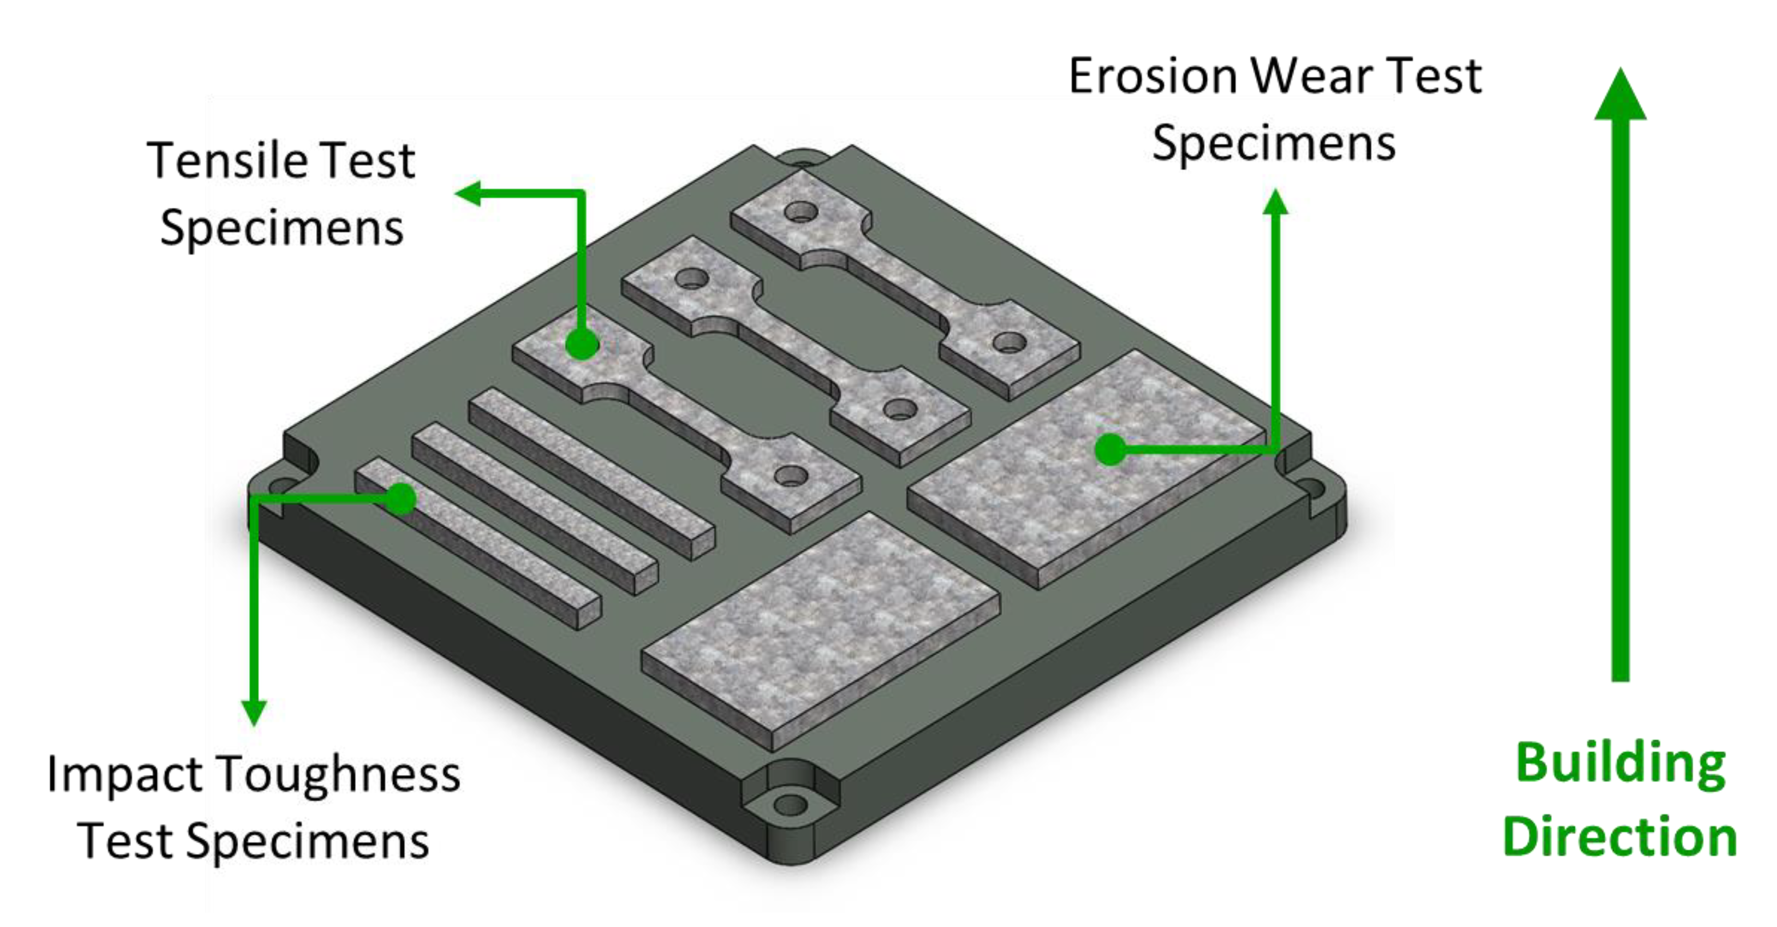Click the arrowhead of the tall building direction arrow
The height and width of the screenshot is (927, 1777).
coord(1620,96)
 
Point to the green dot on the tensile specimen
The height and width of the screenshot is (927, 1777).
coord(581,343)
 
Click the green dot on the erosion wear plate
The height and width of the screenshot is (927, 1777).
coord(1110,450)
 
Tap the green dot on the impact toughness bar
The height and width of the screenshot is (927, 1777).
coord(401,498)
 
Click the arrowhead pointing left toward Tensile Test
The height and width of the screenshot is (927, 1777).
coord(469,193)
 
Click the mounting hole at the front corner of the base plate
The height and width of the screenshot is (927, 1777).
coord(791,804)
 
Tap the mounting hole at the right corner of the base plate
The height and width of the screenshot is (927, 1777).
coord(1312,490)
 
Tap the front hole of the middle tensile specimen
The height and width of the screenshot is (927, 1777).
coord(899,409)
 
